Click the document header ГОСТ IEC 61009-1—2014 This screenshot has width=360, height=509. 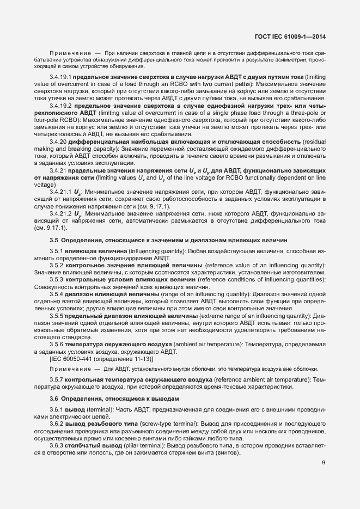click(294, 36)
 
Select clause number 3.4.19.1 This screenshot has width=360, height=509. click(60, 78)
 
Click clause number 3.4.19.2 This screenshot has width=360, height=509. click(60, 105)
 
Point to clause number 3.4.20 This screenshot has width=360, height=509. click(58, 142)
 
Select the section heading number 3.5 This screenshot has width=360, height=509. click(54, 240)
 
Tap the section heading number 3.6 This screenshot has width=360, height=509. click(54, 399)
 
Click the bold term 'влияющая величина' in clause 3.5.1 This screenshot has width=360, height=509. click(90, 250)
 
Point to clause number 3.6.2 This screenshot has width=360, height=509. click(56, 422)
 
